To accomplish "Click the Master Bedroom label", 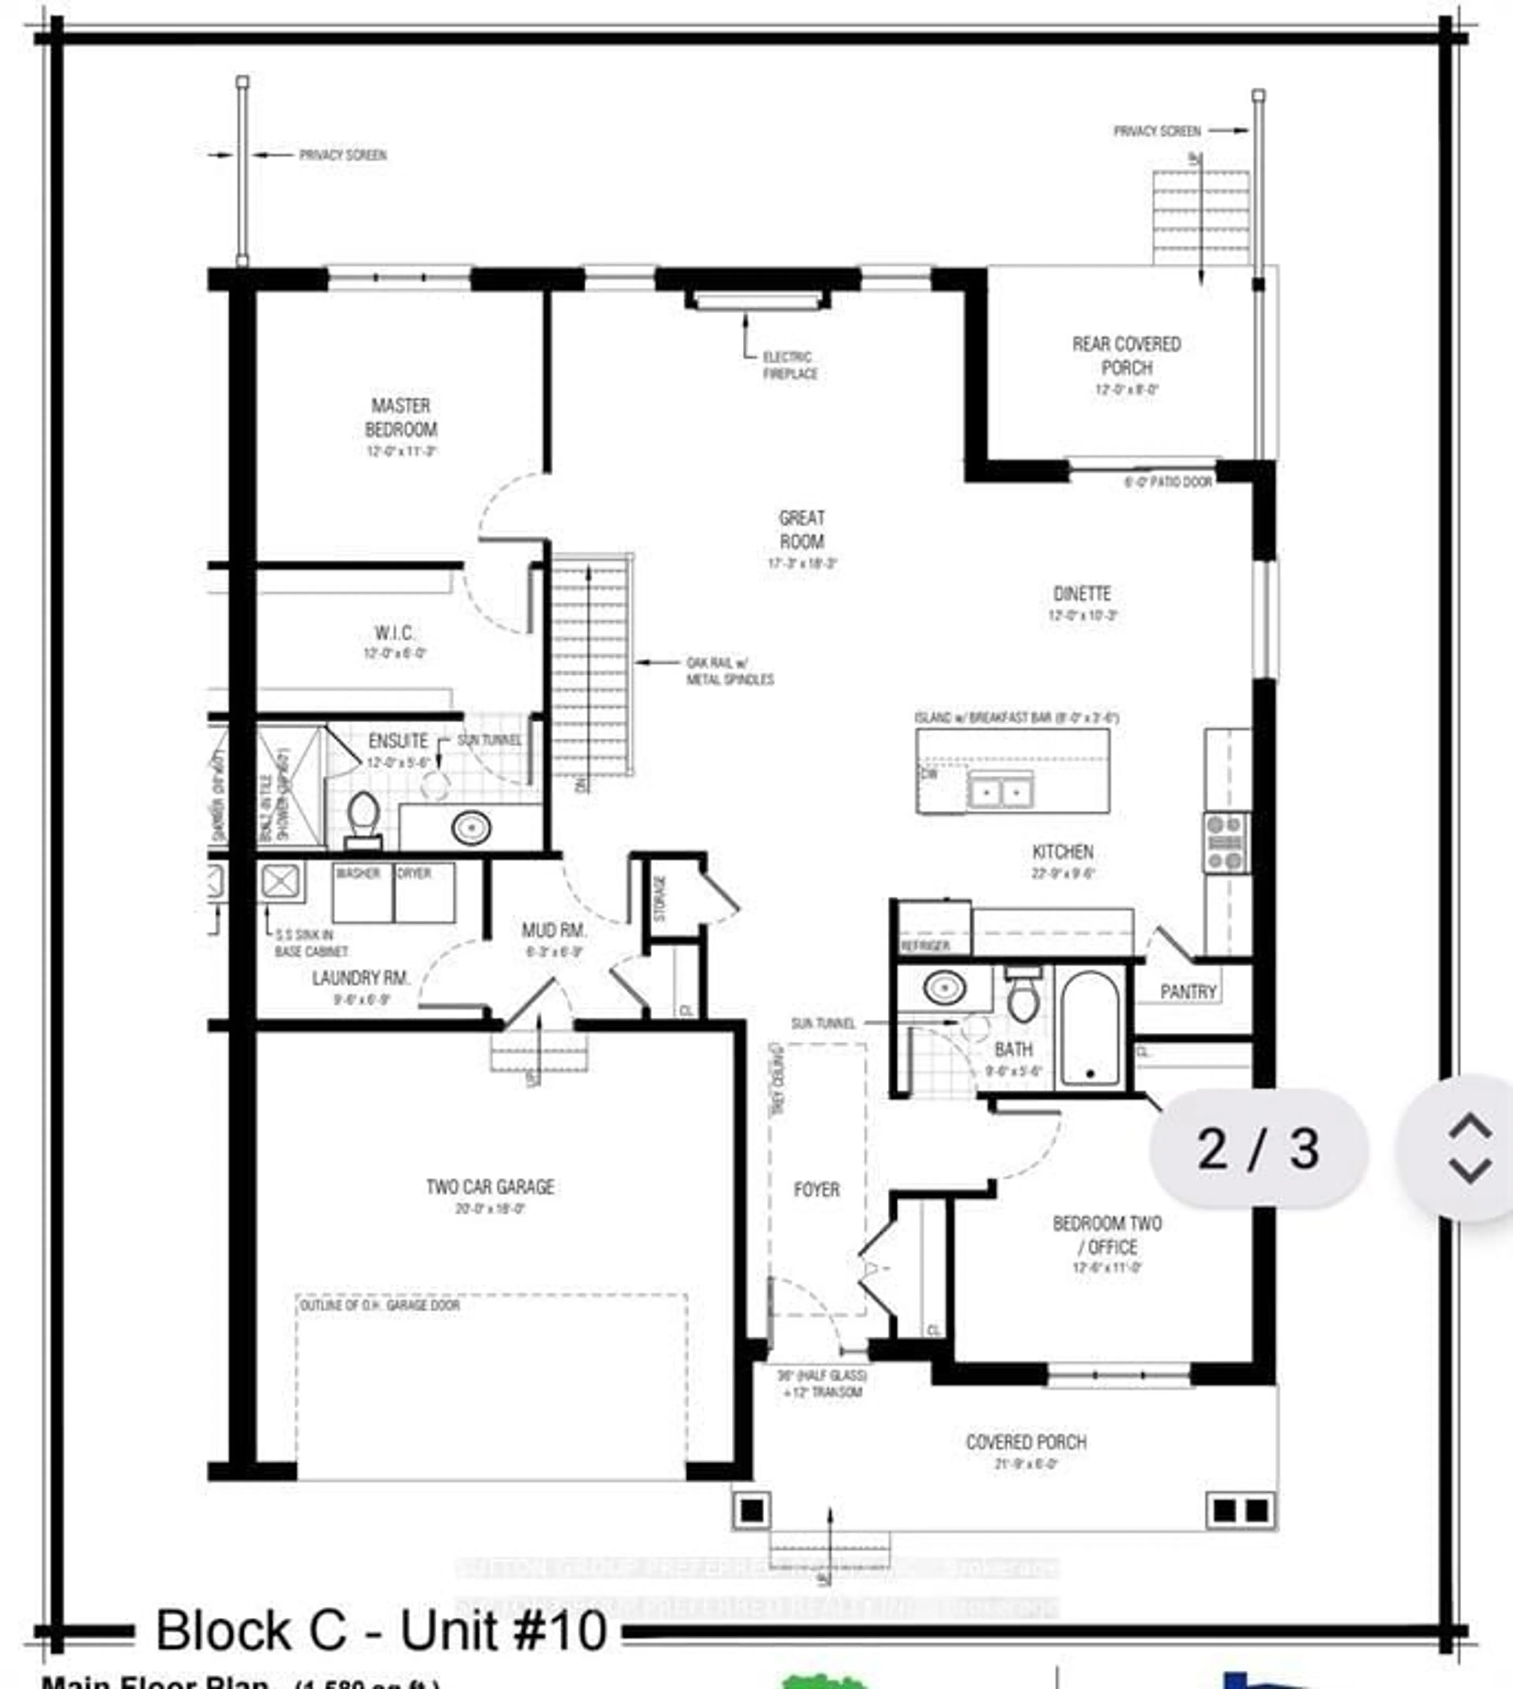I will pyautogui.click(x=401, y=417).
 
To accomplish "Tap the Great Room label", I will pyautogui.click(x=801, y=530).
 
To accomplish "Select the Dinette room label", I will pyautogui.click(x=1082, y=593).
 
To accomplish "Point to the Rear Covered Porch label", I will pyautogui.click(x=1126, y=356).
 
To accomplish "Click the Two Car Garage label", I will pyautogui.click(x=490, y=1187).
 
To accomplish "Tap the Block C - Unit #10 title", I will pyautogui.click(x=381, y=1631).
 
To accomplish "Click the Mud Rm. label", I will pyautogui.click(x=554, y=930).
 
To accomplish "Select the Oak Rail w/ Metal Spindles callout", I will pyautogui.click(x=729, y=671).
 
